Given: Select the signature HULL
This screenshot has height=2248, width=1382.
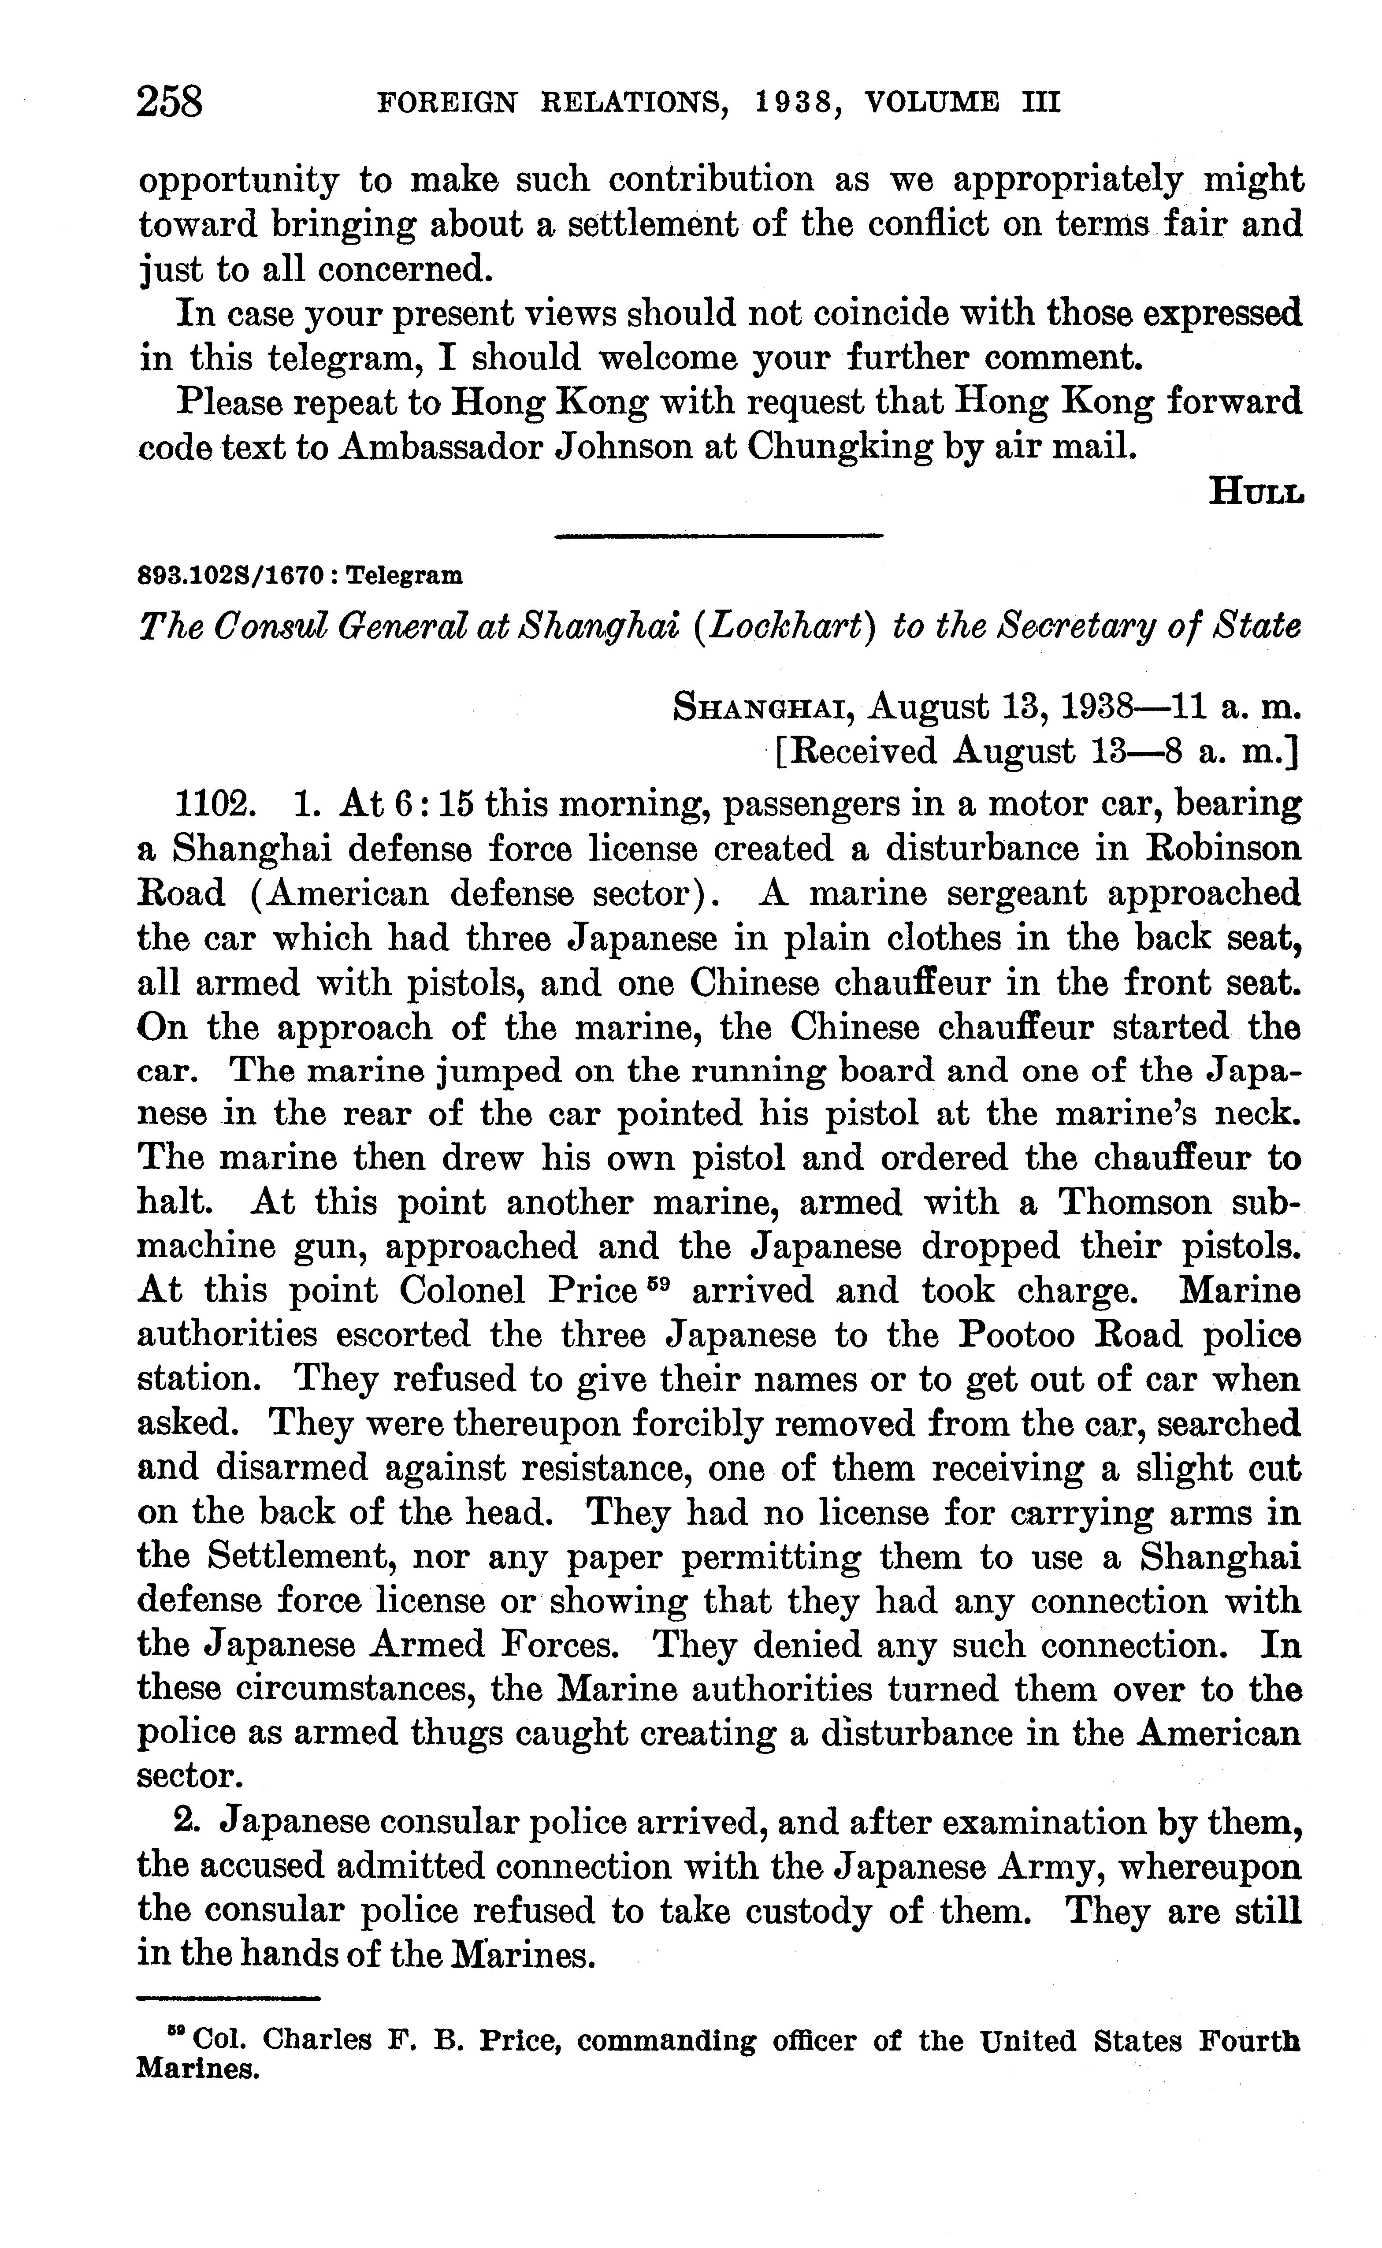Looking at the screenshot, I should [1256, 493].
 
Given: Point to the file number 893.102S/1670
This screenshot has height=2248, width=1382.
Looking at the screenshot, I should [229, 576].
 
